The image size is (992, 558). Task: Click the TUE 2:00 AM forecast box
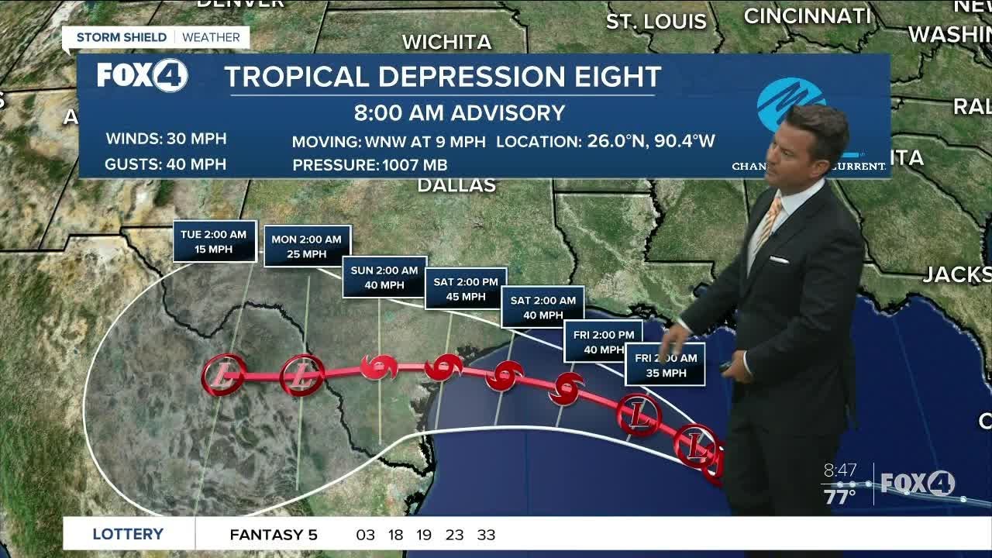(x=213, y=242)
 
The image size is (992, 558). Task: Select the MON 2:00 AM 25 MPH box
(x=307, y=246)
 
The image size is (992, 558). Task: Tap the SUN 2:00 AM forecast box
(x=384, y=277)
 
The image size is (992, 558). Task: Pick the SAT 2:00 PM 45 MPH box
(x=466, y=288)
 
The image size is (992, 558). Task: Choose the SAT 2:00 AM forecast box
(x=542, y=308)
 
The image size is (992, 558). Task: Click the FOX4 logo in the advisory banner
(x=142, y=75)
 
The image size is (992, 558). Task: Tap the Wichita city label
(x=446, y=42)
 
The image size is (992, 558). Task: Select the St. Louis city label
(x=656, y=21)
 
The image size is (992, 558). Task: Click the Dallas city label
(x=456, y=185)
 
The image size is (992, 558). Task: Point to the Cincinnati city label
(x=808, y=15)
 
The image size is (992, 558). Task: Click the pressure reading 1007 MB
(x=412, y=165)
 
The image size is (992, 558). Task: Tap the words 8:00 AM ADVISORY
(x=460, y=113)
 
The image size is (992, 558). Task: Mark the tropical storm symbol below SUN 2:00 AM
(x=380, y=366)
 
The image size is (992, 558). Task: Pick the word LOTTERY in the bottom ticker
(x=128, y=534)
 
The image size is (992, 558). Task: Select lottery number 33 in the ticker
(x=486, y=535)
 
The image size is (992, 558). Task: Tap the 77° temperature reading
(x=840, y=496)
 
